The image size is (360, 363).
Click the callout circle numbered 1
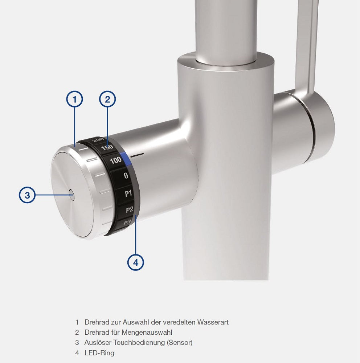click(74, 99)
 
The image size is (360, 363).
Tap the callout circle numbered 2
click(107, 99)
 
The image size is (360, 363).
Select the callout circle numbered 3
click(27, 195)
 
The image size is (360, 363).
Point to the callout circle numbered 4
click(136, 262)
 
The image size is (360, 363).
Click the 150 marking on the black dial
click(107, 148)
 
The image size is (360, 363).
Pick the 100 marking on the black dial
click(116, 160)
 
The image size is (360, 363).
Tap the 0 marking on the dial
click(126, 176)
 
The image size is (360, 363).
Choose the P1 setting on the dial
click(128, 193)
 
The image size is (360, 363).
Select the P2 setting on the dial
click(129, 209)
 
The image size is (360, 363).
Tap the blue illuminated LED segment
click(125, 158)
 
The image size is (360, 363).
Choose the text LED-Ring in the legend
click(99, 352)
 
